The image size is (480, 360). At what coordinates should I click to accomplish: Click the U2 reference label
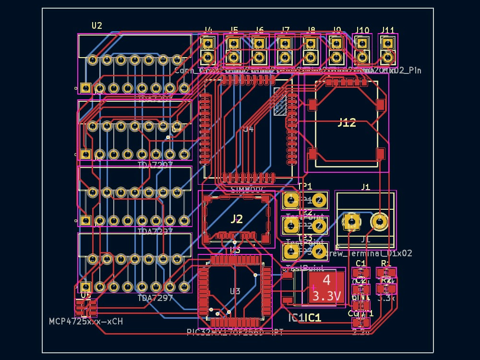(97, 25)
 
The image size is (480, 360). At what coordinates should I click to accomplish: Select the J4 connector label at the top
(208, 30)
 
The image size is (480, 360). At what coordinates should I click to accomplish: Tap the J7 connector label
(286, 30)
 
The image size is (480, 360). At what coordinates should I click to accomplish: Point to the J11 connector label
(388, 30)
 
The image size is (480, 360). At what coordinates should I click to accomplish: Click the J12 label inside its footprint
(347, 123)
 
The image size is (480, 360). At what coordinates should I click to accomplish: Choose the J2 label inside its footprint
(237, 219)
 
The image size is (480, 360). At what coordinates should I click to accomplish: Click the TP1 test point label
(305, 186)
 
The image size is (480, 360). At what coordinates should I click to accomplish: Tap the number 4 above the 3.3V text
(326, 280)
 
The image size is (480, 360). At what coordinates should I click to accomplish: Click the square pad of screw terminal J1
(351, 221)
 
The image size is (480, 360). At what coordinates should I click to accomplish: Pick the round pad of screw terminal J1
(380, 221)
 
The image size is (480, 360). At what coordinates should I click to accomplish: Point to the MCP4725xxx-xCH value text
(86, 321)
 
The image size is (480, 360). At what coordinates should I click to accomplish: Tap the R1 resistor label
(386, 264)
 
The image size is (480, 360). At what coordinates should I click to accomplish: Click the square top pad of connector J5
(234, 44)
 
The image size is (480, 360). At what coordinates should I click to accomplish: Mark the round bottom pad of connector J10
(362, 58)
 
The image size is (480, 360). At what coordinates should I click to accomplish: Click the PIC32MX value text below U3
(235, 332)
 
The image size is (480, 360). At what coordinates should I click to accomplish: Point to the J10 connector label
(362, 30)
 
